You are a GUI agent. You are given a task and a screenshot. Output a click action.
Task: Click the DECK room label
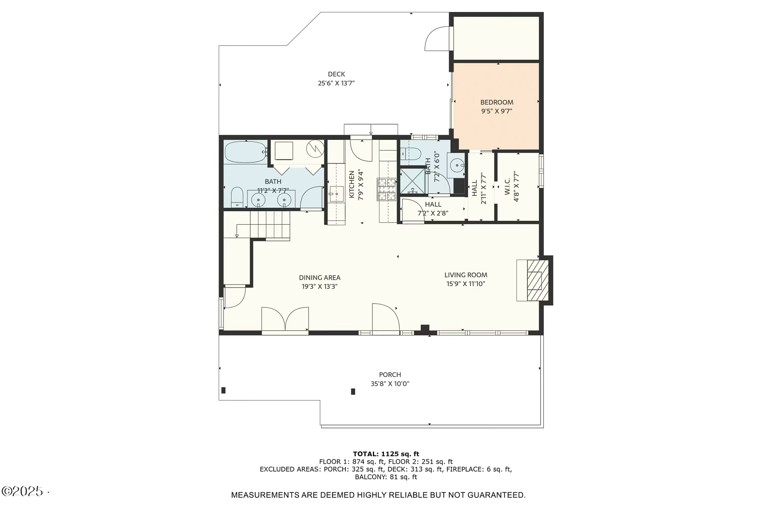pyautogui.click(x=336, y=74)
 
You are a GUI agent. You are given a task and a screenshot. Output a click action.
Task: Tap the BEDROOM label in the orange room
pyautogui.click(x=496, y=102)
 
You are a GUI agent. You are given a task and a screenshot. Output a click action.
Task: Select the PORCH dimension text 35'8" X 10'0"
pyautogui.click(x=390, y=384)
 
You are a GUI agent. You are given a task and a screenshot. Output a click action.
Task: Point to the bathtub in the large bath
pyautogui.click(x=246, y=152)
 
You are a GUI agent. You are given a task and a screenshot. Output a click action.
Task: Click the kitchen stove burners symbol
pyautogui.click(x=386, y=189)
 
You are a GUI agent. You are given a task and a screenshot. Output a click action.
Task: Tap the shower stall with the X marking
pyautogui.click(x=413, y=180)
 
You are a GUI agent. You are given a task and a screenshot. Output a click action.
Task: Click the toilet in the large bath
pyautogui.click(x=237, y=197)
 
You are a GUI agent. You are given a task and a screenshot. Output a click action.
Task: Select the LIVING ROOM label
pyautogui.click(x=466, y=275)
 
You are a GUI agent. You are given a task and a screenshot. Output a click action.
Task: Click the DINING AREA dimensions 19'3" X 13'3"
pyautogui.click(x=319, y=286)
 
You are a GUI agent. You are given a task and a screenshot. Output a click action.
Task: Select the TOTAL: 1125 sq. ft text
pyautogui.click(x=386, y=454)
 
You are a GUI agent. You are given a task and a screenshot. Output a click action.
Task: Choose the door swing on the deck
pyautogui.click(x=437, y=38)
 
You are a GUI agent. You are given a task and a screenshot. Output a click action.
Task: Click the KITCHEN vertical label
pyautogui.click(x=352, y=184)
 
